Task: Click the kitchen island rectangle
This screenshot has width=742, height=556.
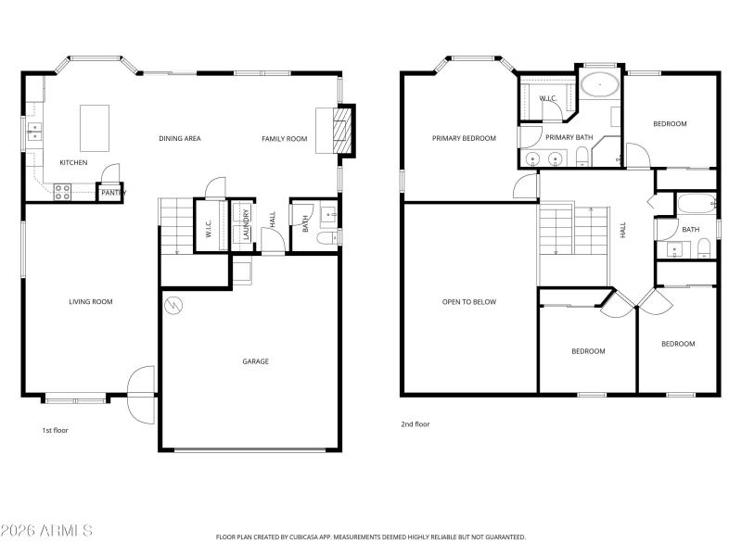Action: click(94, 127)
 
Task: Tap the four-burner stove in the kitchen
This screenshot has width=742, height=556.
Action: click(62, 192)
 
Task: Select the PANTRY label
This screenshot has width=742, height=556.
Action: click(111, 193)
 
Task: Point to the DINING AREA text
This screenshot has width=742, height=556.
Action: click(180, 139)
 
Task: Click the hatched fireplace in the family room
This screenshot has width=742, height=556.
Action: click(342, 131)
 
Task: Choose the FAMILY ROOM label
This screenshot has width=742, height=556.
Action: click(284, 139)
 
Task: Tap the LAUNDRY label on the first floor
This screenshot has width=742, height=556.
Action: click(246, 224)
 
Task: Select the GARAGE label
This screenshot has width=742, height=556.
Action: click(256, 361)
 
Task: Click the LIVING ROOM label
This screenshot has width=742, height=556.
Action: click(91, 301)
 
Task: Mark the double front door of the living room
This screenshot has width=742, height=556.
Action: click(141, 394)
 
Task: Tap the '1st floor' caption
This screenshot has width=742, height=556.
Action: click(55, 430)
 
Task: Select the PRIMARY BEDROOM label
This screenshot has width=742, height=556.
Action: click(464, 138)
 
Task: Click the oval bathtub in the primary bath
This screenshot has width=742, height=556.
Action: click(600, 87)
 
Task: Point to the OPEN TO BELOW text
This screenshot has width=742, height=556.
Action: click(469, 301)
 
